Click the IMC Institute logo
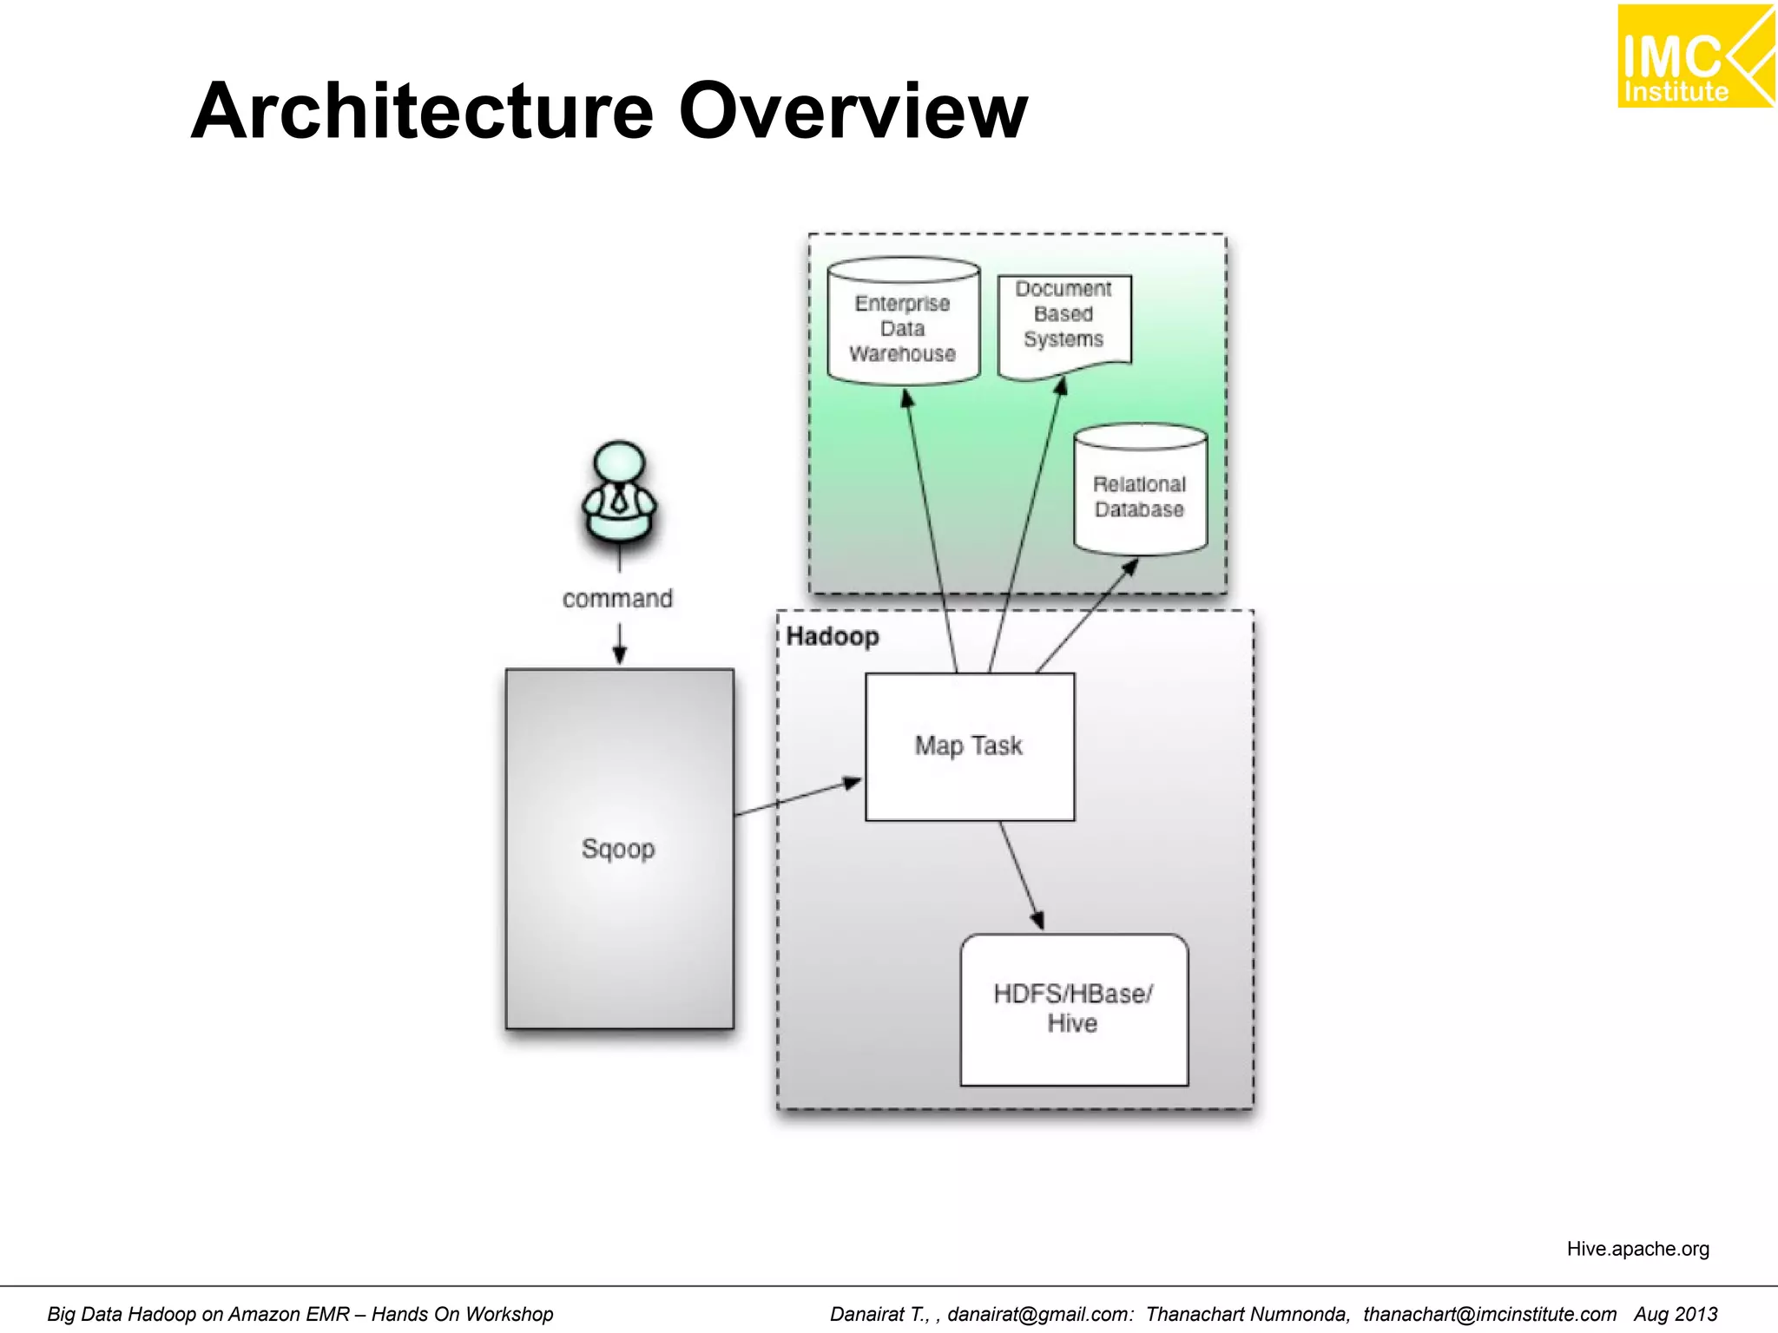click(1694, 56)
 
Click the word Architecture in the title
click(422, 111)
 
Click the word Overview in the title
click(853, 111)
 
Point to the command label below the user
click(617, 599)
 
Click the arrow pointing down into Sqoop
click(619, 646)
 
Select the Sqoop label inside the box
click(618, 848)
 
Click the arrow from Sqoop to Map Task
click(799, 798)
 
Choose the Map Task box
click(969, 746)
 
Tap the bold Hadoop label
click(832, 636)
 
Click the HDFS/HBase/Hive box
click(1073, 1008)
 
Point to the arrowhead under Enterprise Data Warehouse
click(907, 399)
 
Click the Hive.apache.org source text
click(1637, 1248)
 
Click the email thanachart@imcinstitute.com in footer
click(1489, 1314)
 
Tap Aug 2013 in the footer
click(1675, 1314)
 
